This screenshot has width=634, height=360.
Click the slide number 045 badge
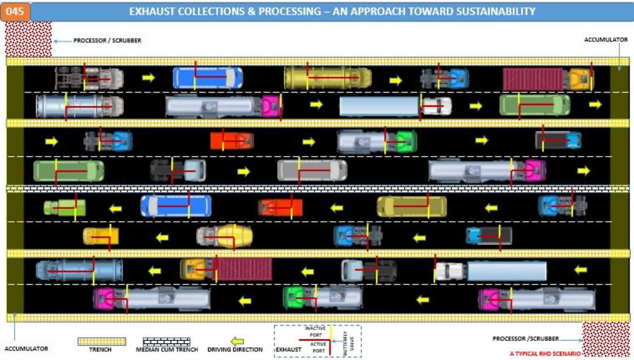[x=15, y=11]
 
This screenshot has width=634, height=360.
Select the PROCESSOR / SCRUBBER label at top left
[x=107, y=41]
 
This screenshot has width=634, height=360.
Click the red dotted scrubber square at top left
[x=29, y=39]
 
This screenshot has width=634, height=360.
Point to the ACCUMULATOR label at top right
[x=605, y=40]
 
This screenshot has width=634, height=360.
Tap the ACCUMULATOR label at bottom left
[x=26, y=349]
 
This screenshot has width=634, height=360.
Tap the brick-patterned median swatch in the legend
[x=166, y=341]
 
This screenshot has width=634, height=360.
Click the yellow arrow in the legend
[x=236, y=341]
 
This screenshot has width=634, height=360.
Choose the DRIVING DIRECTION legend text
[x=235, y=349]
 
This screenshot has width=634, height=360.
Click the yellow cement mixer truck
[x=225, y=236]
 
